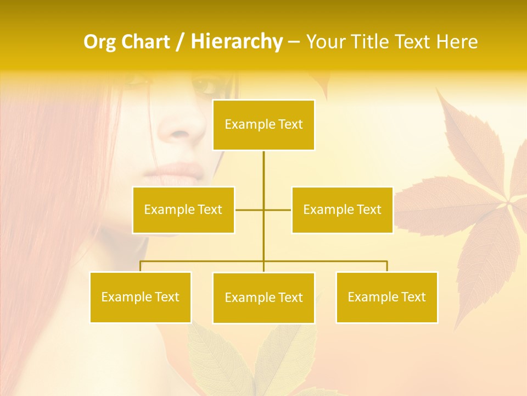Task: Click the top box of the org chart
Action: pos(263,125)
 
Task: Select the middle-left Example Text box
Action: pos(183,210)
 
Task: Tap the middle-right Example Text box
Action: pos(342,210)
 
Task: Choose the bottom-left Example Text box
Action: pos(141,297)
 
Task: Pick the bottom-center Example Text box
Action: pos(263,298)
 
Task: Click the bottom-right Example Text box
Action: pos(386,297)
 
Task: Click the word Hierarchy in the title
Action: pos(237,42)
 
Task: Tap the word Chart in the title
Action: pos(144,42)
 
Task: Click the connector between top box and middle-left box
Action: pos(249,210)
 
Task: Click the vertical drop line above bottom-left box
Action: pos(141,266)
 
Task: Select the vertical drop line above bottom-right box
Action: pos(386,266)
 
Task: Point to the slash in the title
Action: pos(180,42)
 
